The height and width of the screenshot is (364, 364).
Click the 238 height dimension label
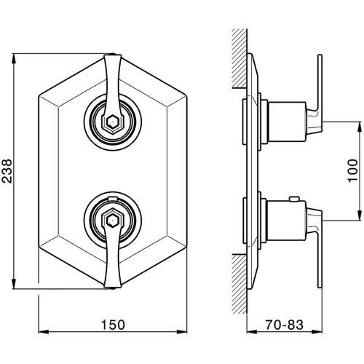[x=7, y=171]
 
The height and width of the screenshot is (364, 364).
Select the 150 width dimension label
[x=113, y=325]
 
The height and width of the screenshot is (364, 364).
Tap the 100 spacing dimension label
[x=353, y=170]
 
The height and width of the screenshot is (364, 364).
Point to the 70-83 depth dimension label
[x=284, y=325]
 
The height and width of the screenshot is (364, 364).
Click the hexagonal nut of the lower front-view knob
[x=112, y=218]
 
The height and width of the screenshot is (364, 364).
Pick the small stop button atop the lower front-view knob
[x=112, y=199]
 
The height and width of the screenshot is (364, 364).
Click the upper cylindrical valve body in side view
[x=286, y=122]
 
